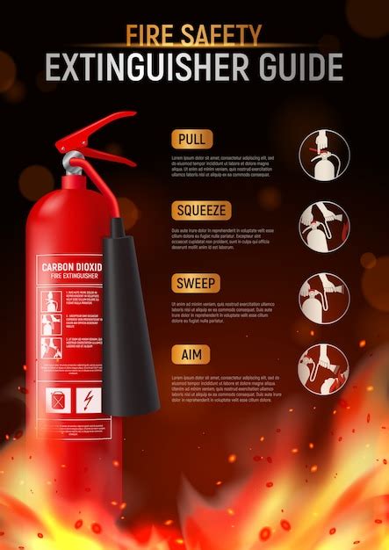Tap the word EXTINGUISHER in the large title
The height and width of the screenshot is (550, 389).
coord(148,68)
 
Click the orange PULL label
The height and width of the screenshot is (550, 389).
coord(191,139)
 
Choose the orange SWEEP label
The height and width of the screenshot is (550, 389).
coord(196,283)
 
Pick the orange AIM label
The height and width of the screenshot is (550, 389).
coord(191,354)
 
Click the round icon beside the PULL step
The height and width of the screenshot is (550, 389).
coord(324,155)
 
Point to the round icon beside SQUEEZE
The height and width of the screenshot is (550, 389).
coord(324,227)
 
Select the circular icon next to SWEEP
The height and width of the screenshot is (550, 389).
coord(324,298)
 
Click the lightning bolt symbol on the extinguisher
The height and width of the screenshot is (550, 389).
coord(89,401)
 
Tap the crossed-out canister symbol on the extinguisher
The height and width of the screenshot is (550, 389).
coord(59,401)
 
